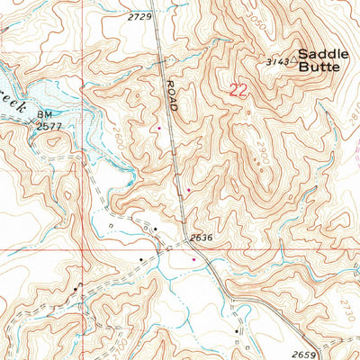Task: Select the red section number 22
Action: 238,89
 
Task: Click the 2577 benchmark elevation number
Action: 49,128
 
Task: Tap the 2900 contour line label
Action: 262,154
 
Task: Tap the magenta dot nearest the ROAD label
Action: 159,128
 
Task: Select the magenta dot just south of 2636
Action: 193,259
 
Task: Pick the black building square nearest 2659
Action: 238,331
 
